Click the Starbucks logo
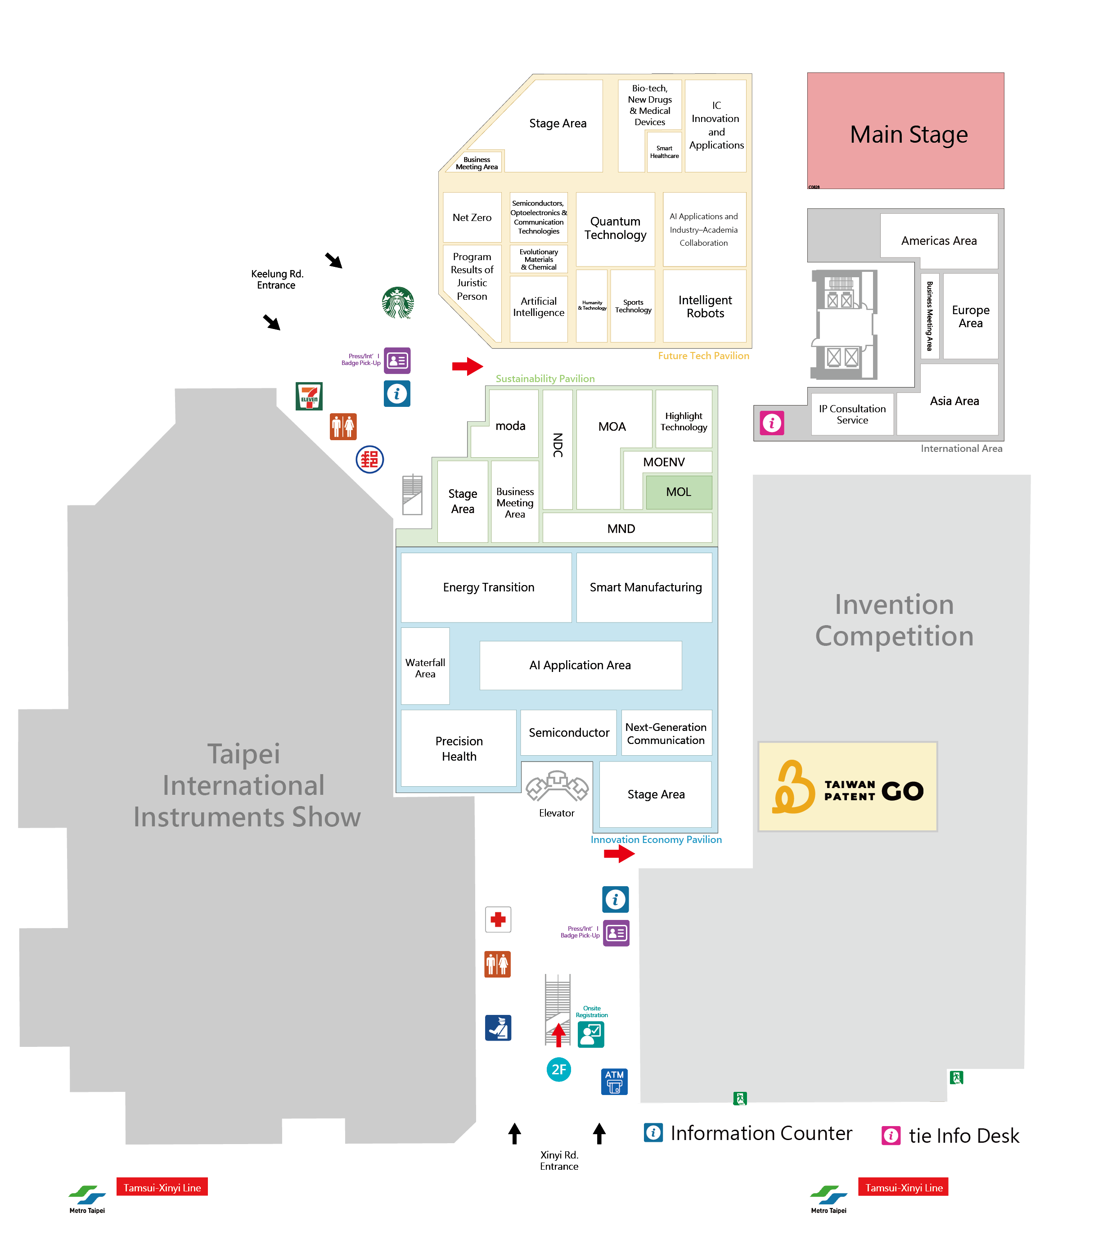point(397,302)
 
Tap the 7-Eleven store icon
point(309,396)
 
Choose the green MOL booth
point(679,492)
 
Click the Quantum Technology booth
point(615,229)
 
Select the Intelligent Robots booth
point(705,306)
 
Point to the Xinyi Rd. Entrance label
point(559,1160)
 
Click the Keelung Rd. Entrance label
point(277,279)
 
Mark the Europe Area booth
point(970,316)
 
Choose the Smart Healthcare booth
point(664,152)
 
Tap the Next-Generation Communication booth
point(666,733)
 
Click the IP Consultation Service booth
point(852,415)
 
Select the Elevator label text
point(556,813)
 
